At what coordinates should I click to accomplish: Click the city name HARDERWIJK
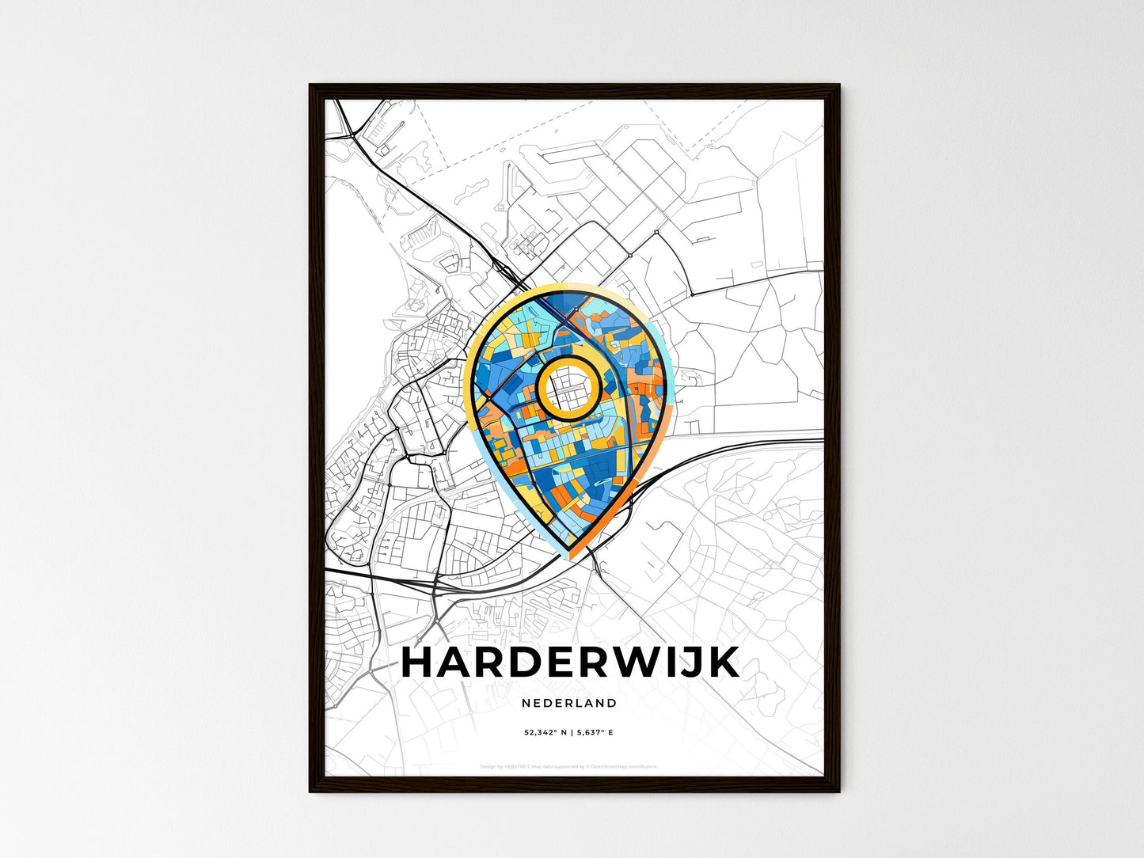pyautogui.click(x=571, y=663)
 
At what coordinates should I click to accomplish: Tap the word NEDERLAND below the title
pyautogui.click(x=569, y=703)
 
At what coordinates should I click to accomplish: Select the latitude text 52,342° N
pyautogui.click(x=545, y=733)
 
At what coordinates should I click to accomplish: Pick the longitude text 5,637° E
pyautogui.click(x=596, y=733)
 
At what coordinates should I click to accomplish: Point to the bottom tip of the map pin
pyautogui.click(x=568, y=552)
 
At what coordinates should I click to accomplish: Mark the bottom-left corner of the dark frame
pyautogui.click(x=310, y=791)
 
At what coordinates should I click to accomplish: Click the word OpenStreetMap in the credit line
pyautogui.click(x=609, y=766)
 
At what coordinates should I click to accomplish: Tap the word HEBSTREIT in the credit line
pyautogui.click(x=515, y=766)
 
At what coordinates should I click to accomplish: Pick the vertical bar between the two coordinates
pyautogui.click(x=571, y=733)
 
